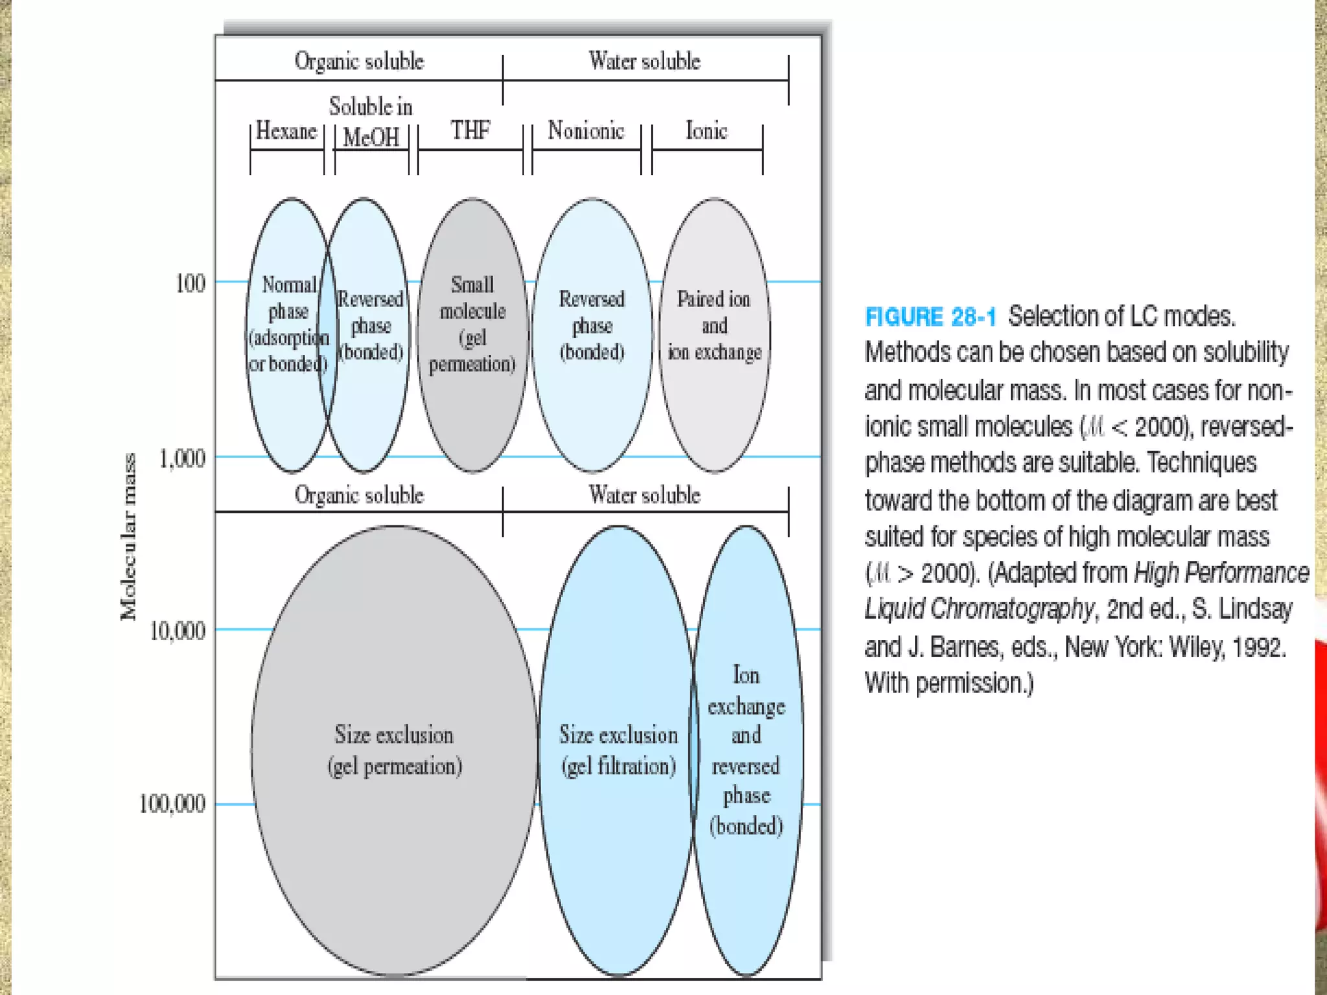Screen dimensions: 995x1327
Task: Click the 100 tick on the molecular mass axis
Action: [190, 283]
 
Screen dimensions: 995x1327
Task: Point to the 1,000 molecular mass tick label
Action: [182, 459]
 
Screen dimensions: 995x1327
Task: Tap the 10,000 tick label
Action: [177, 630]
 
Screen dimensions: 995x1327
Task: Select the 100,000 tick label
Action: [172, 804]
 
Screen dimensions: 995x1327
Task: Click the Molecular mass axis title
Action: [129, 536]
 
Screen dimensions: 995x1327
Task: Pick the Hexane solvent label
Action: [286, 131]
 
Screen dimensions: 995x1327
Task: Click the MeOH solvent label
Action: [371, 137]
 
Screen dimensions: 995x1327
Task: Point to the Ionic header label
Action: [706, 131]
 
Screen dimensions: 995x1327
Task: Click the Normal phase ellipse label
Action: [288, 324]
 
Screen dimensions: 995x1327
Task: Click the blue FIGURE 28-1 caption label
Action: [930, 317]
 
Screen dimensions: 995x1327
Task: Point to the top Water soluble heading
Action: [645, 61]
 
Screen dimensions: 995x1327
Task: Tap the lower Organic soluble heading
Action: [359, 495]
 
